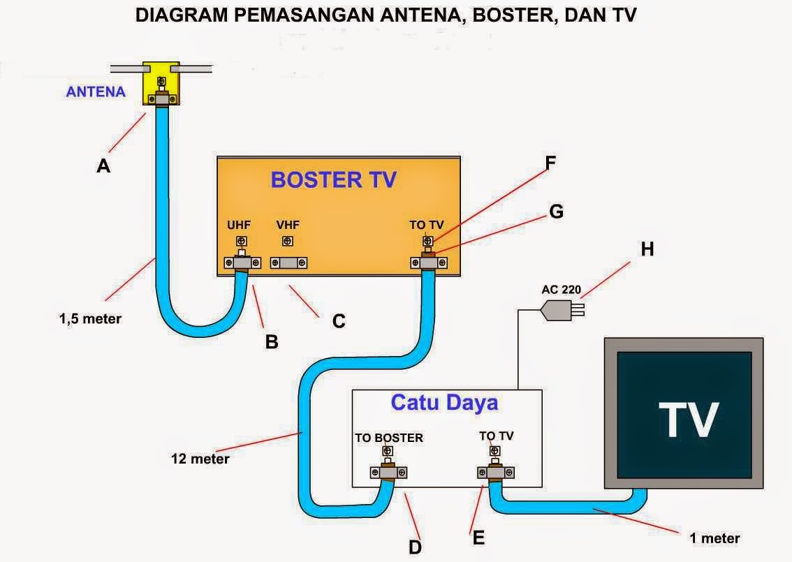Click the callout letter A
pos(103,165)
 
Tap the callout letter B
pos(272,341)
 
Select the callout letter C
pos(338,321)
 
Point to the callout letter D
pos(415,547)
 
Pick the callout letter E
pos(478,537)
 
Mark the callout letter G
pos(556,211)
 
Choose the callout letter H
pos(647,249)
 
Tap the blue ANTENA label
pos(96,91)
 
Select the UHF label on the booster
pos(239,225)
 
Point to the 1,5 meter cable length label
pos(90,319)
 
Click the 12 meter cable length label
pos(200,459)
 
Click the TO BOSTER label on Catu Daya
pos(389,438)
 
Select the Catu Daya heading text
pos(444,403)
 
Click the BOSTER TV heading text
pos(333,179)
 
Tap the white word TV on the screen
pos(688,418)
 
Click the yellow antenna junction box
pos(161,84)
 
